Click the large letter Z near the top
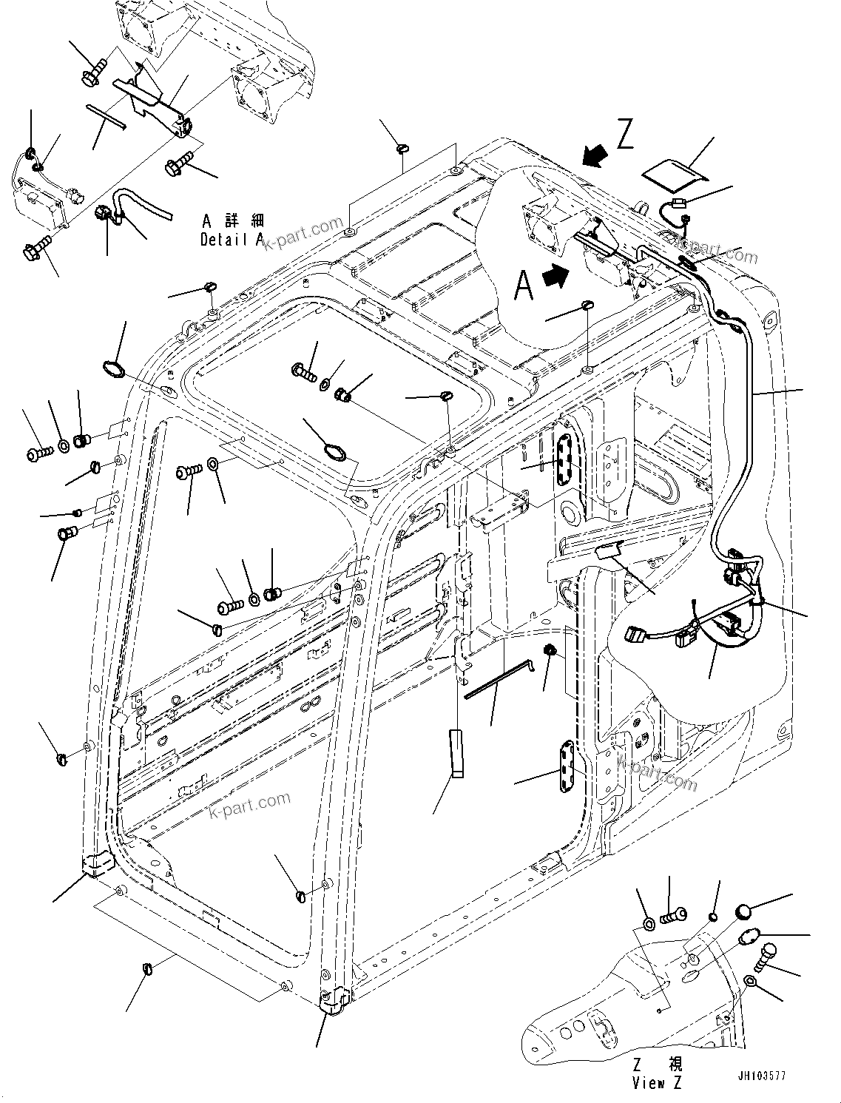tap(625, 135)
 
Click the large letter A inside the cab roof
tap(524, 285)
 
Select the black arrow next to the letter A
tap(557, 276)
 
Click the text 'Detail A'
tap(232, 240)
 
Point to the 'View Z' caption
tap(658, 1084)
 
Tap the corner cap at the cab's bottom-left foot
tap(95, 864)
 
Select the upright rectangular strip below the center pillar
tap(455, 753)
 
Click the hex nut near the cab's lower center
tap(550, 650)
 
